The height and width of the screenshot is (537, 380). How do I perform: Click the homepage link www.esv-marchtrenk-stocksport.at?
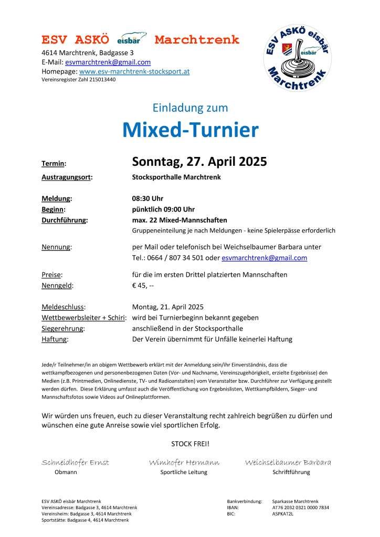[x=134, y=71]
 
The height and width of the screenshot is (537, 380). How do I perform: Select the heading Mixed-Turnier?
[x=190, y=130]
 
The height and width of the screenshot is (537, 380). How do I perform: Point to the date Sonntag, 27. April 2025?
[x=199, y=162]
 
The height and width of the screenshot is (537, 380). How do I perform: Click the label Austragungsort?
[x=67, y=177]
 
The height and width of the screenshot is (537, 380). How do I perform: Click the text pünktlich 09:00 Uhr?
[x=163, y=209]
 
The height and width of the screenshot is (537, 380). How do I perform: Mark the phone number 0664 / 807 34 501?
[x=175, y=258]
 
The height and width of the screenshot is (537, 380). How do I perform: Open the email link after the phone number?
[x=264, y=258]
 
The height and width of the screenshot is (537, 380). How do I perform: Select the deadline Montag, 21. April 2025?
[x=168, y=307]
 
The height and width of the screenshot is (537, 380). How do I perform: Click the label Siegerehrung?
[x=63, y=329]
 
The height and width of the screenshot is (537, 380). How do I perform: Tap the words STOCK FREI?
[x=190, y=444]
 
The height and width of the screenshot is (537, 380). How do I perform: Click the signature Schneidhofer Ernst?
[x=75, y=462]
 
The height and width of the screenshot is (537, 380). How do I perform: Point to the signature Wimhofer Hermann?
[x=184, y=462]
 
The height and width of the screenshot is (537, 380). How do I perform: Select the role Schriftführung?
[x=291, y=472]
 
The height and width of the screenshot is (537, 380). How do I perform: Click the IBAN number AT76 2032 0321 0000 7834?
[x=301, y=508]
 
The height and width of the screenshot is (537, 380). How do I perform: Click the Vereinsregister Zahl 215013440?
[x=79, y=80]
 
